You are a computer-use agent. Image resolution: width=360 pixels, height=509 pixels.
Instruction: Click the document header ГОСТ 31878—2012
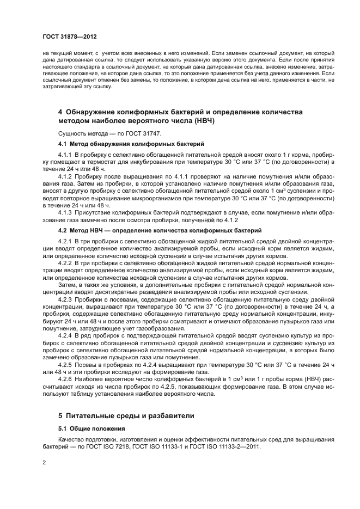click(x=63, y=36)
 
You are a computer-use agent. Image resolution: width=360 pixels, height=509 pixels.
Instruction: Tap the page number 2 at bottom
click(x=44, y=462)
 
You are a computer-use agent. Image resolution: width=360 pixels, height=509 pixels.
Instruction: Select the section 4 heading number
click(x=60, y=112)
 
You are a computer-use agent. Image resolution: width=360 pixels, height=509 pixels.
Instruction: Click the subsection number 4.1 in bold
click(x=63, y=144)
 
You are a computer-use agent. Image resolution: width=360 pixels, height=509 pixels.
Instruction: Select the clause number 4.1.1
click(x=65, y=156)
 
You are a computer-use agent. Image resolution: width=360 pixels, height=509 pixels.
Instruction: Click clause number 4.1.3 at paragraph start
click(x=65, y=212)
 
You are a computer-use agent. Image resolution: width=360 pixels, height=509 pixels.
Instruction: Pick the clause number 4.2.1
click(x=65, y=241)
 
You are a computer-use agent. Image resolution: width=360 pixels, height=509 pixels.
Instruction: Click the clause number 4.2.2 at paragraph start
click(x=65, y=262)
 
